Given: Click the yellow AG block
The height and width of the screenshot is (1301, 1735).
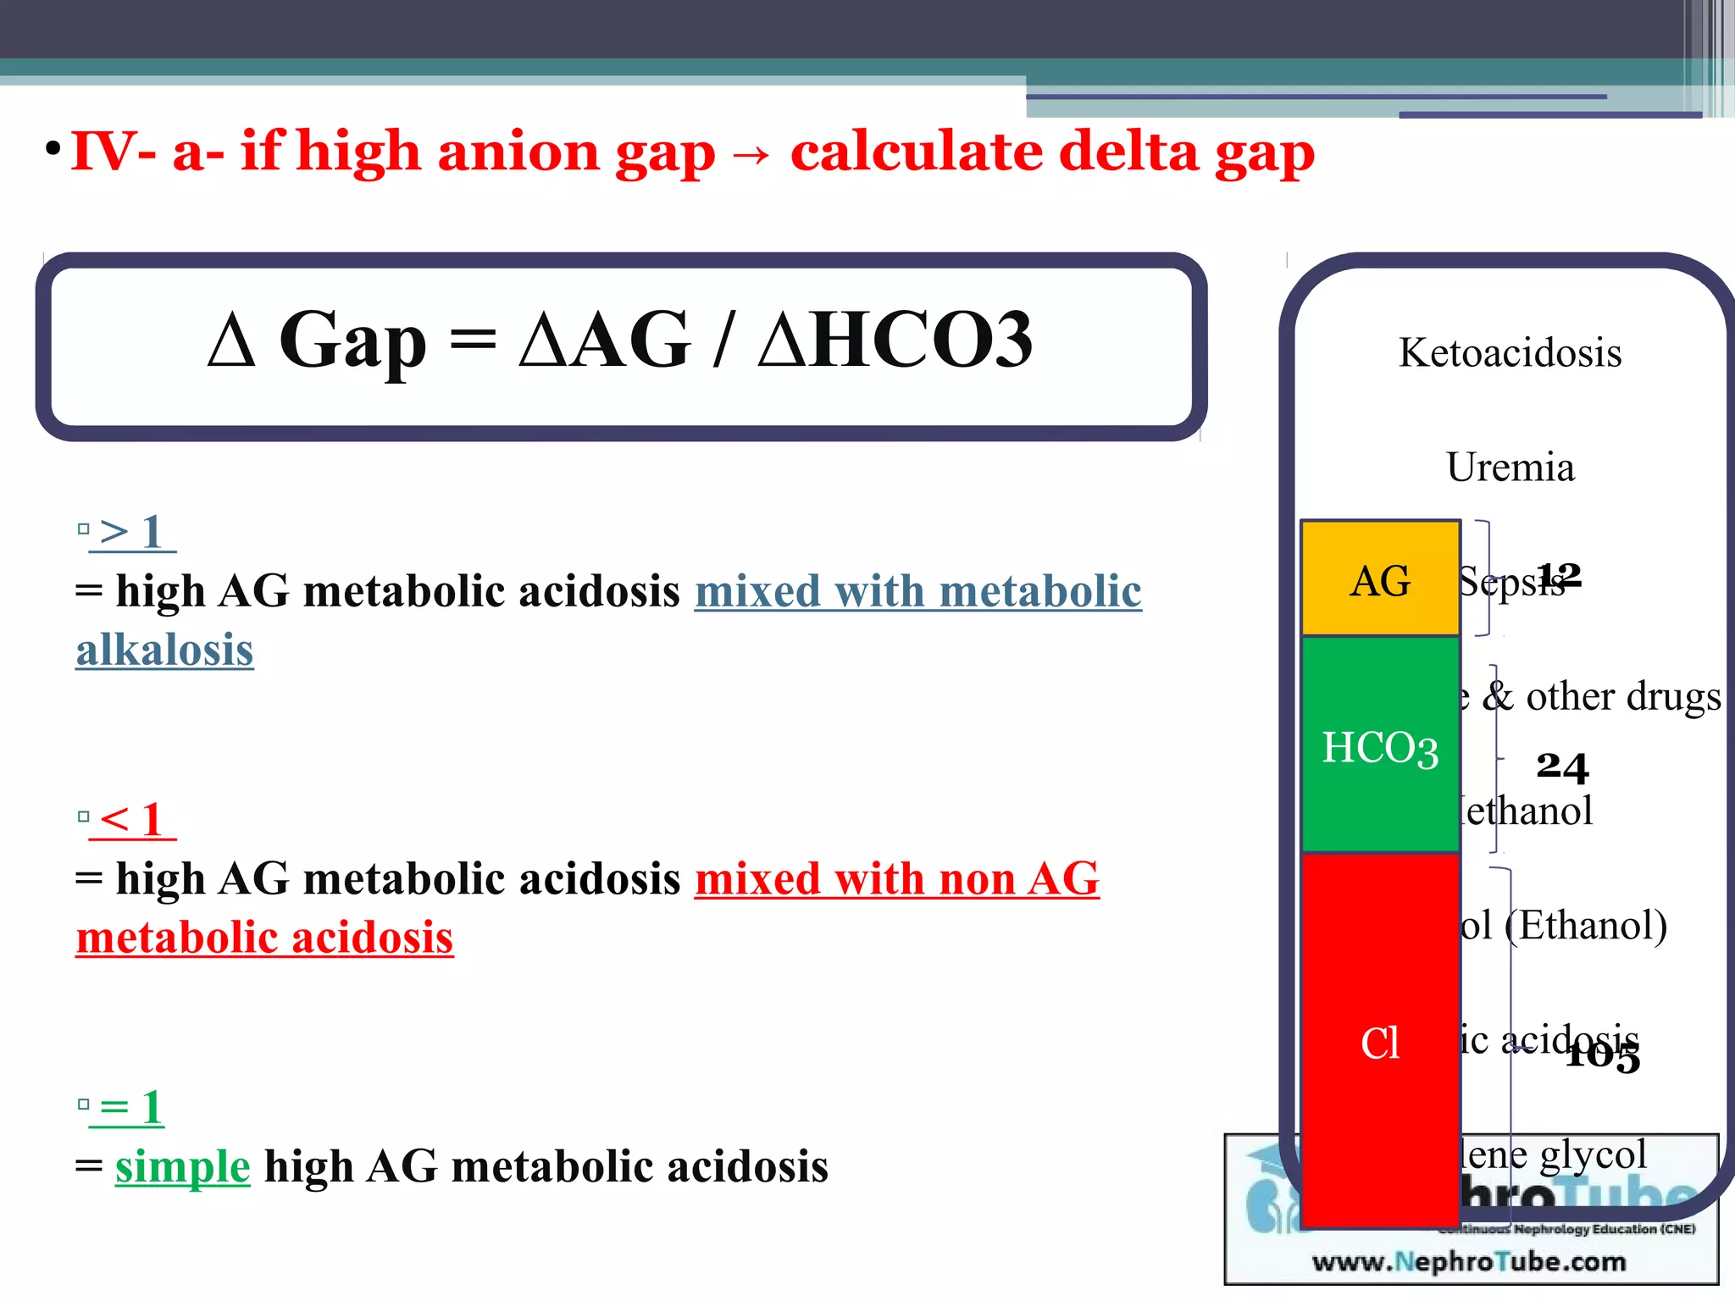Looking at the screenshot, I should pyautogui.click(x=1380, y=579).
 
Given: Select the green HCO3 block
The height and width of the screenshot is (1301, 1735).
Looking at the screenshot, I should pyautogui.click(x=1380, y=745).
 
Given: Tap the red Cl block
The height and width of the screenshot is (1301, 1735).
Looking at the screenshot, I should pyautogui.click(x=1380, y=1041).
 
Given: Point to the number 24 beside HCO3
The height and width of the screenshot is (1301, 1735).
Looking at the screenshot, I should pyautogui.click(x=1562, y=766).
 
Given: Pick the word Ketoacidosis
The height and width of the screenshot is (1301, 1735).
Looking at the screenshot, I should pyautogui.click(x=1510, y=352).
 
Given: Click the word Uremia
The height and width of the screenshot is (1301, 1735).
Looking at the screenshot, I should pyautogui.click(x=1510, y=467).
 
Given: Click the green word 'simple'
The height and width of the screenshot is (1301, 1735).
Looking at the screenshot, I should pyautogui.click(x=182, y=1166).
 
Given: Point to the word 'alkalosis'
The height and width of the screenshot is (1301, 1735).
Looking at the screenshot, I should pyautogui.click(x=164, y=650).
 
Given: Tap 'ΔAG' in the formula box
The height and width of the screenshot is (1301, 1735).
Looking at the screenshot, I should pyautogui.click(x=604, y=340).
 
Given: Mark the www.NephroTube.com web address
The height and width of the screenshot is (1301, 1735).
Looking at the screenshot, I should pyautogui.click(x=1469, y=1261).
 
